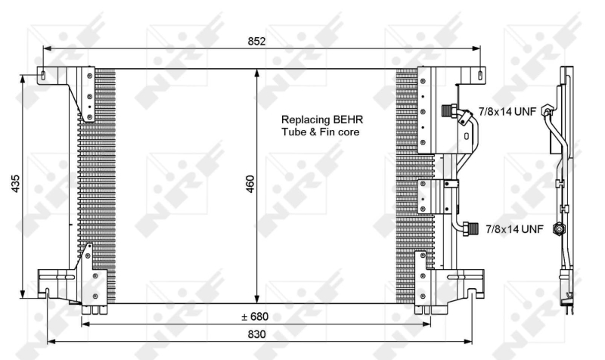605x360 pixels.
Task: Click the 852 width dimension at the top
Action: (x=257, y=42)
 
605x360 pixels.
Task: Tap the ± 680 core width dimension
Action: (x=255, y=316)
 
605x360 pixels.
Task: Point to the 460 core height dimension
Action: (x=250, y=184)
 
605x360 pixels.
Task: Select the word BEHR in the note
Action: (x=341, y=119)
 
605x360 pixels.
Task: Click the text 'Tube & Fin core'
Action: (x=320, y=132)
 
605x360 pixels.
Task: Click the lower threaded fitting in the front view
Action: (x=470, y=226)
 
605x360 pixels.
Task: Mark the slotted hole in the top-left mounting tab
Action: (x=45, y=75)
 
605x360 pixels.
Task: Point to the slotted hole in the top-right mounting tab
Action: (x=479, y=74)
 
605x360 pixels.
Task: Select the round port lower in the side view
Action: (x=559, y=228)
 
